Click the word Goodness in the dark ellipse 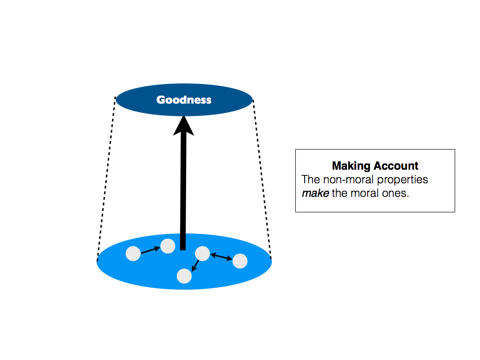coord(184,100)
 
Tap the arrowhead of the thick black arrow coord(184,126)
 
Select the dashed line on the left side coord(106,178)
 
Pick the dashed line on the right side coord(262,178)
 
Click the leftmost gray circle coord(133,254)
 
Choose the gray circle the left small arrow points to coord(168,246)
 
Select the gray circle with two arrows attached coord(202,253)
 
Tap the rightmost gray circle coord(240,261)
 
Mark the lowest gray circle coord(184,276)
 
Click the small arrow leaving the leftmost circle coord(150,250)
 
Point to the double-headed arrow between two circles coord(221,257)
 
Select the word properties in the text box coord(405,180)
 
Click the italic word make coord(315,193)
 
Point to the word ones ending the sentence coord(396,193)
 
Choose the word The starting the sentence coord(311,180)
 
